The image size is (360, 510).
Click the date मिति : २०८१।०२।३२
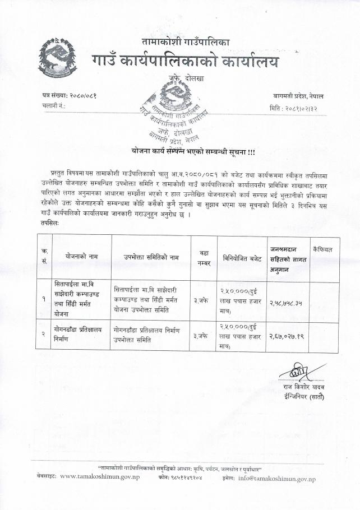tap(293, 107)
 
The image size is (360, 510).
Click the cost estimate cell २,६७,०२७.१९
tap(289, 336)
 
